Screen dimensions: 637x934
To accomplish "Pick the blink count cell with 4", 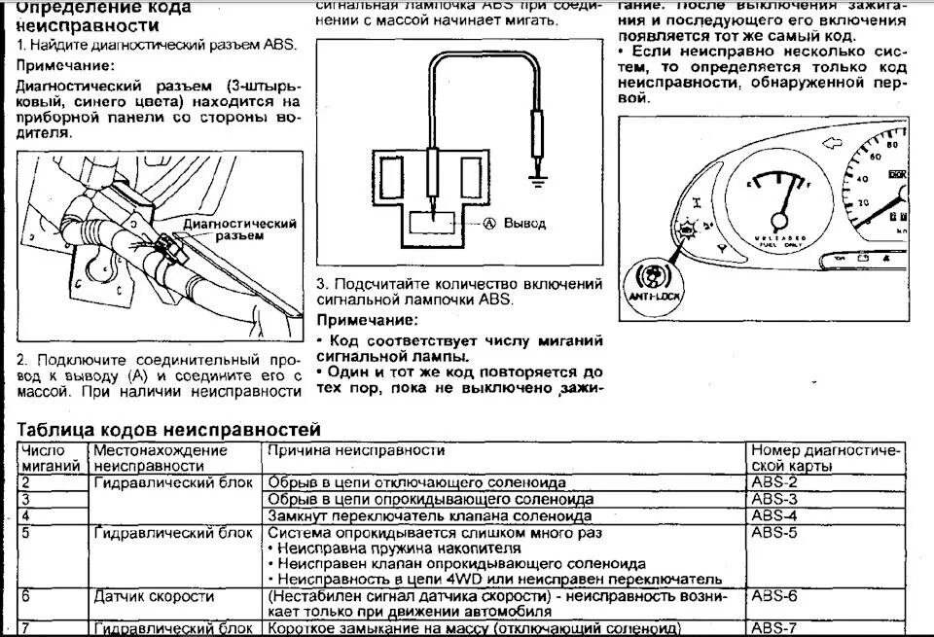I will tap(26, 515).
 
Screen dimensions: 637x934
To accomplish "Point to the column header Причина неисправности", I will tap(356, 451).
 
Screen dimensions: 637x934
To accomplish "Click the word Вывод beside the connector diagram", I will tap(524, 223).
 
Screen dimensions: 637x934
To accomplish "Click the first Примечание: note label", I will tap(64, 65).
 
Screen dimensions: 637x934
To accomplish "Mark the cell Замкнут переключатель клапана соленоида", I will tap(430, 515).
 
